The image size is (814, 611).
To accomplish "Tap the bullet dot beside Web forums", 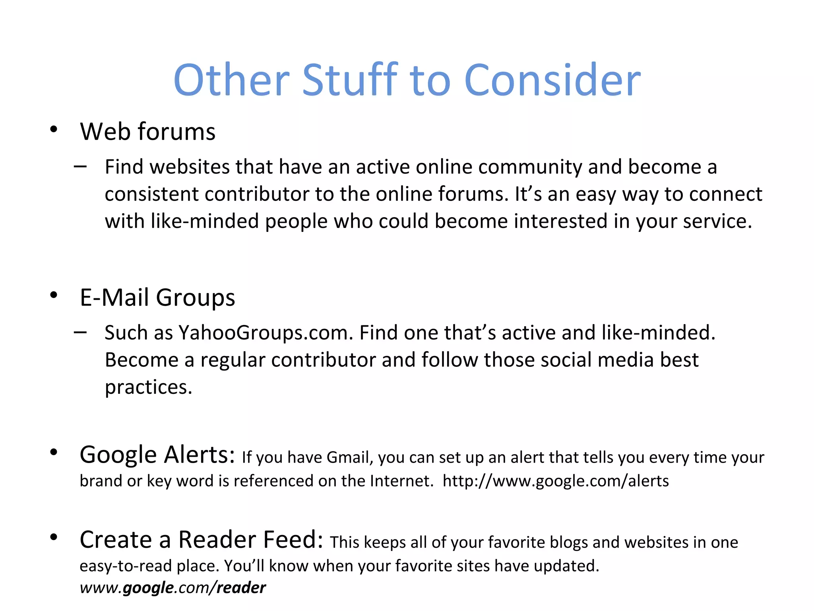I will [x=54, y=129].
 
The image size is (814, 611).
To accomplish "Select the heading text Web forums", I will [x=147, y=132].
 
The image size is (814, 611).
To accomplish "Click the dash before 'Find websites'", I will [x=80, y=166].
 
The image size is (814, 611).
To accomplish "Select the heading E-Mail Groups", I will [x=157, y=298].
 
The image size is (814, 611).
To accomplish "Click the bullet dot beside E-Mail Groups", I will [x=54, y=295].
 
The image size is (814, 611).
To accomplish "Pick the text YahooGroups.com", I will [x=266, y=333].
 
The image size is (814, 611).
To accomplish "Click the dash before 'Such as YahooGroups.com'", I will [x=80, y=332].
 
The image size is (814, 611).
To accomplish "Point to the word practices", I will [x=148, y=387].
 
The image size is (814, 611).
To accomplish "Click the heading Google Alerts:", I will [x=157, y=455].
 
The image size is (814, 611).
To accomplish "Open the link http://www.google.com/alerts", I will [x=556, y=481].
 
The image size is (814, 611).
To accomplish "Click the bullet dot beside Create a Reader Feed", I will [x=54, y=537].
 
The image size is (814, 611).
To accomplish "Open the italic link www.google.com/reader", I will [x=172, y=588].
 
